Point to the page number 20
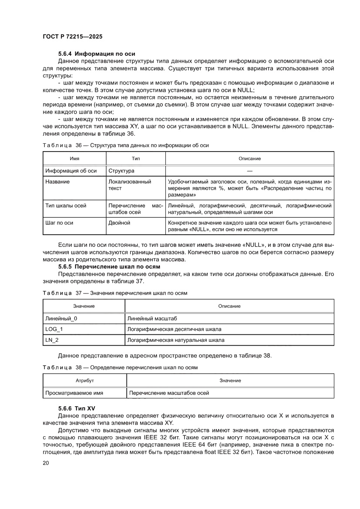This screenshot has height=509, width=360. tap(46, 463)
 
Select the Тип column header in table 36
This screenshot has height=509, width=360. tap(136, 158)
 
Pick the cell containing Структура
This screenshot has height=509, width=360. tap(121, 171)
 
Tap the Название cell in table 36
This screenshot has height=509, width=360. tap(57, 182)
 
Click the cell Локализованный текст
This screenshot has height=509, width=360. tap(130, 185)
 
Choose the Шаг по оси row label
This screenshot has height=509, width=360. tap(59, 223)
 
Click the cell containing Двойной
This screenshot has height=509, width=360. tap(119, 223)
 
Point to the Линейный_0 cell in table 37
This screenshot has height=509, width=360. tap(61, 318)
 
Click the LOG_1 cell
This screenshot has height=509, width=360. tap(54, 329)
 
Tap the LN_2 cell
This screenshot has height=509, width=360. tap(52, 340)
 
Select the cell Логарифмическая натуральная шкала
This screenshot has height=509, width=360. tap(176, 340)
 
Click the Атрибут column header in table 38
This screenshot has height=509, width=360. tap(85, 381)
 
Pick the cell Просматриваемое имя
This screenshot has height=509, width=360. tap(74, 393)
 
